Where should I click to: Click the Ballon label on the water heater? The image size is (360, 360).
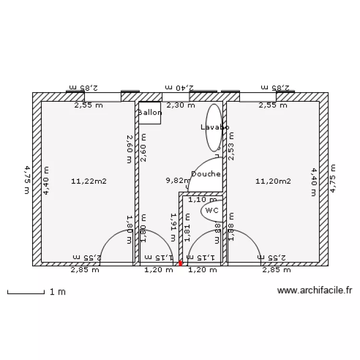pyautogui.click(x=149, y=113)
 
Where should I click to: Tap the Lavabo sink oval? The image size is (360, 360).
pyautogui.click(x=214, y=127)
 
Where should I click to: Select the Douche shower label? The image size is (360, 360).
pyautogui.click(x=205, y=174)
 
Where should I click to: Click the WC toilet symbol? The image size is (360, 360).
pyautogui.click(x=212, y=210)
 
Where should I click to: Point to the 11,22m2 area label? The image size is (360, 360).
pyautogui.click(x=88, y=181)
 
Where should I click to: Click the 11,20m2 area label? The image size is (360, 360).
pyautogui.click(x=273, y=181)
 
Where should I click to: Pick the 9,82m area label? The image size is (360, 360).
pyautogui.click(x=178, y=180)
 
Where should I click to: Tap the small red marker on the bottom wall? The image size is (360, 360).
pyautogui.click(x=180, y=263)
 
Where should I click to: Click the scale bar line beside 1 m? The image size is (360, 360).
pyautogui.click(x=26, y=292)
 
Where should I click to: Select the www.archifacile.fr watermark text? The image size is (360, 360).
pyautogui.click(x=315, y=290)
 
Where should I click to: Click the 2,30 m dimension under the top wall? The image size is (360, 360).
pyautogui.click(x=180, y=105)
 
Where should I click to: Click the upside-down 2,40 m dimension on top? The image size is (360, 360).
pyautogui.click(x=179, y=88)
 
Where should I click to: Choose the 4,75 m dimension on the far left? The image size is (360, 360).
pyautogui.click(x=27, y=180)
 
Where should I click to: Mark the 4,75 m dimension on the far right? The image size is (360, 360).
pyautogui.click(x=333, y=178)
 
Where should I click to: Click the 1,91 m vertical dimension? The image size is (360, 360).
pyautogui.click(x=174, y=227)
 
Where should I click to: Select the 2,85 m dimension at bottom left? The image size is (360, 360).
pyautogui.click(x=85, y=270)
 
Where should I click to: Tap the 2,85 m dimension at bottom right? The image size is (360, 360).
pyautogui.click(x=276, y=270)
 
